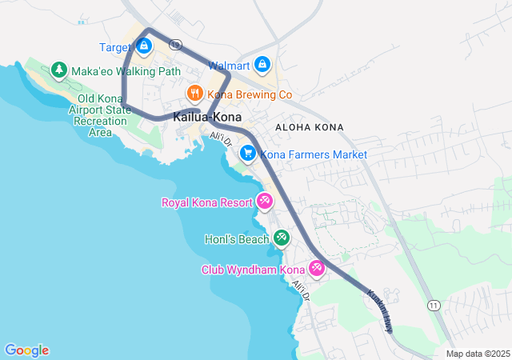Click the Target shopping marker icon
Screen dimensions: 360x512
coord(143,46)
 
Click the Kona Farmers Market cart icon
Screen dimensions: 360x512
coord(248,154)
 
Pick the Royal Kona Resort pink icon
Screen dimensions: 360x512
coord(264,202)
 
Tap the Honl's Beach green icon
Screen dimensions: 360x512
coord(281,238)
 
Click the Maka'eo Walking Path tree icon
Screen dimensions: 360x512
coord(58,70)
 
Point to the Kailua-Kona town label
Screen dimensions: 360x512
coord(207,117)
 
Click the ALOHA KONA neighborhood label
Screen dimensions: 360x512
coord(308,127)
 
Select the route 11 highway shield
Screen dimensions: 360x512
coord(434,306)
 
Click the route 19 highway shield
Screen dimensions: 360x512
coord(175,45)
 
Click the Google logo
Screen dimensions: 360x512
coord(26,350)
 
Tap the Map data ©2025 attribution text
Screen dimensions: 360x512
coord(478,354)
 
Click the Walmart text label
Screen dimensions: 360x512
coord(229,65)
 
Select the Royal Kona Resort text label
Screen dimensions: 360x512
coord(207,202)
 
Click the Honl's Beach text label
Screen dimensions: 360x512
coord(243,238)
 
